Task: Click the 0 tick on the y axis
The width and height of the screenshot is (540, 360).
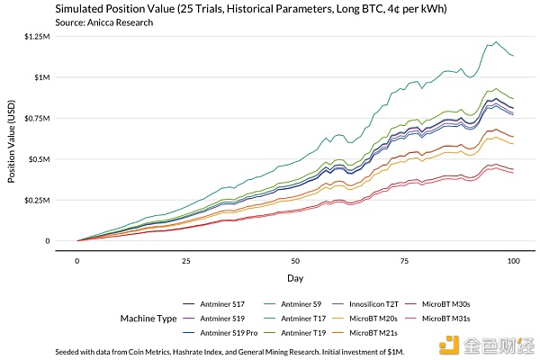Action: coord(48,241)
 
